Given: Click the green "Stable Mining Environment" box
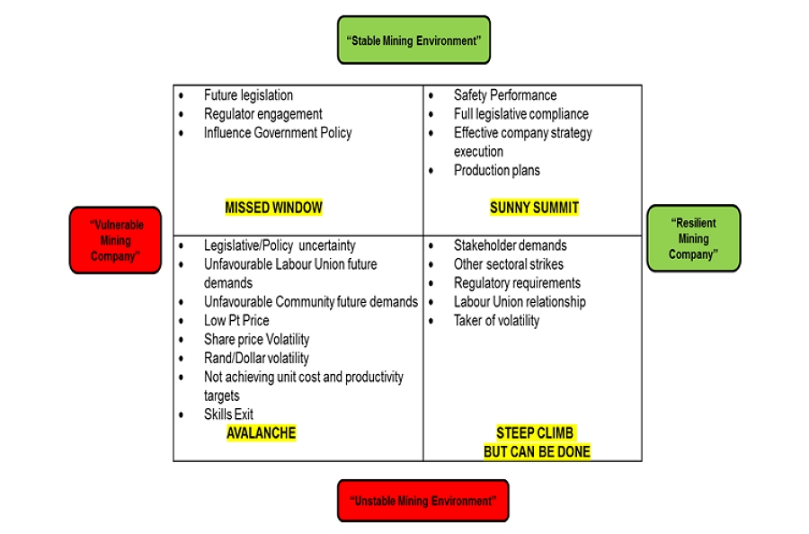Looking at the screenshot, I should (x=413, y=40).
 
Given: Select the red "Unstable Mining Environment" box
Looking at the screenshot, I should (x=422, y=501).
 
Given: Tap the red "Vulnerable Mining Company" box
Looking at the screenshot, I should (x=115, y=240).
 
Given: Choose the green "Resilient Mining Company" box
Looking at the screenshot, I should (x=693, y=239).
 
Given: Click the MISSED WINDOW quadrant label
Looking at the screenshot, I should (x=273, y=208).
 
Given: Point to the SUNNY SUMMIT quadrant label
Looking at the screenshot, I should (x=534, y=208).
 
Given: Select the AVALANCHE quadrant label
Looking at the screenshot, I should (x=261, y=433).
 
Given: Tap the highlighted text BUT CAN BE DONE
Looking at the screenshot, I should (x=537, y=451).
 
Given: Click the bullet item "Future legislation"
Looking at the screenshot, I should (x=248, y=95).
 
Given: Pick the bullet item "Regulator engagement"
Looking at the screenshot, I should (x=262, y=114).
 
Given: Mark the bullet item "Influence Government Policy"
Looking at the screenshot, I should (x=277, y=133).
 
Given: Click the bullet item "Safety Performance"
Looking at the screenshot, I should (x=504, y=95).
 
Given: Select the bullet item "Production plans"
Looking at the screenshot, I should (x=496, y=171).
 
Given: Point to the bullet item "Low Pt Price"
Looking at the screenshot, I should (x=236, y=321).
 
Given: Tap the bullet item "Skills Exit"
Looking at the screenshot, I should (x=228, y=414).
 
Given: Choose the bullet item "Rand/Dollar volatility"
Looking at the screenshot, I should (x=256, y=359).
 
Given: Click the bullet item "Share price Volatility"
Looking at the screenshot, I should (x=256, y=340).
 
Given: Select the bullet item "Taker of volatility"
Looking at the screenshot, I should (x=496, y=321).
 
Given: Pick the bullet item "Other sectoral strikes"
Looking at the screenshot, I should (x=508, y=264).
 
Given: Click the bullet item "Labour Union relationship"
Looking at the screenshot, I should (x=519, y=302).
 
